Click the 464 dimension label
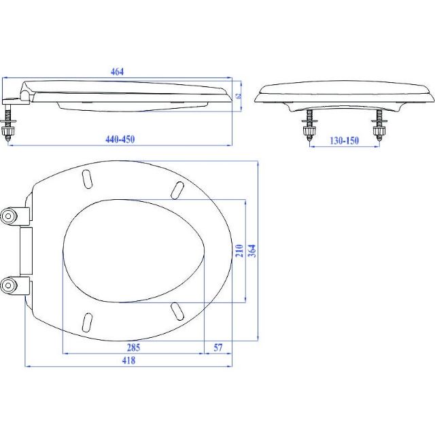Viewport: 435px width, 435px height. [x=117, y=71]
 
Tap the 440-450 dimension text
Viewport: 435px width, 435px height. [x=120, y=139]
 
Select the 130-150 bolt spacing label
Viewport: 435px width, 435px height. [x=344, y=141]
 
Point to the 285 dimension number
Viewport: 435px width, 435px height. [x=133, y=347]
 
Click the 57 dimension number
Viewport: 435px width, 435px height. [x=218, y=347]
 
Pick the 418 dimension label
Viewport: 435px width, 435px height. [x=128, y=360]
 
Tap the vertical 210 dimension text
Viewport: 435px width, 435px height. [x=239, y=251]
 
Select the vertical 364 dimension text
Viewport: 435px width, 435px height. [x=252, y=251]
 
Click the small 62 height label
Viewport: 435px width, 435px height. [x=239, y=96]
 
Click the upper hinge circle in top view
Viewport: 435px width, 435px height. [x=8, y=216]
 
